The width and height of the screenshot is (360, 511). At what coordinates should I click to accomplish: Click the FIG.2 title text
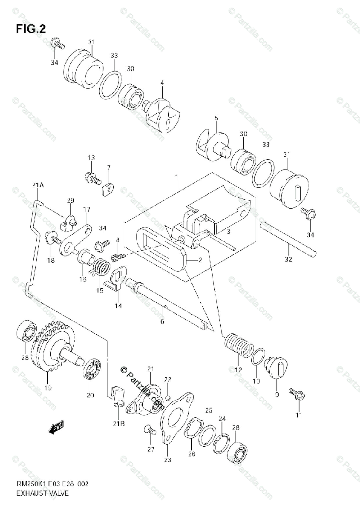pyautogui.click(x=31, y=29)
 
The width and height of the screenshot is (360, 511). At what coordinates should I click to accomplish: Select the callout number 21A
pyautogui.click(x=37, y=185)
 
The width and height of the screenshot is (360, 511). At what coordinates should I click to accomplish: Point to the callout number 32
pyautogui.click(x=288, y=260)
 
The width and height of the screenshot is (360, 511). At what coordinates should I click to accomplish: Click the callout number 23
pyautogui.click(x=167, y=459)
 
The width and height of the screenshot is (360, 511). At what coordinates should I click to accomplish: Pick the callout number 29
pyautogui.click(x=70, y=200)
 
